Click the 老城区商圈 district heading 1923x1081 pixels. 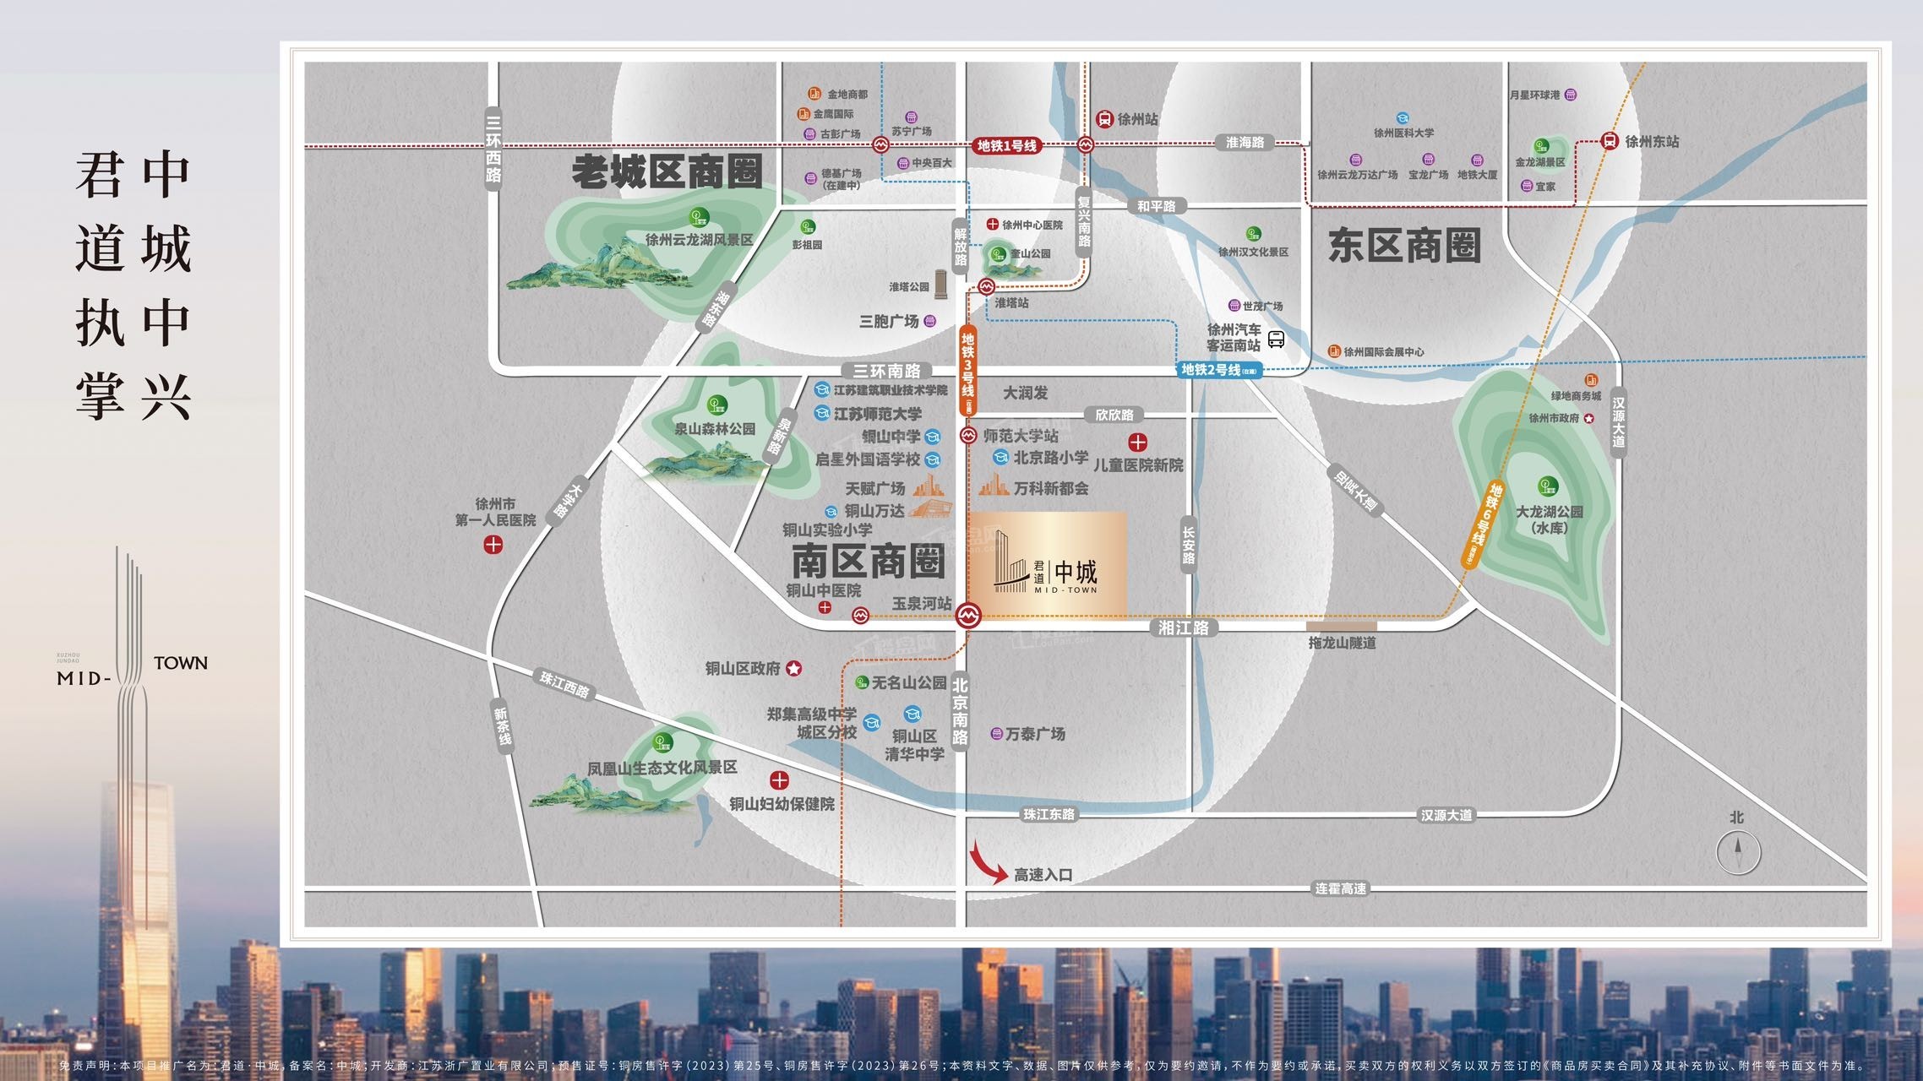point(667,172)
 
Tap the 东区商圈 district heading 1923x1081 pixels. point(1404,246)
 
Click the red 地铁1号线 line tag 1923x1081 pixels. point(1006,145)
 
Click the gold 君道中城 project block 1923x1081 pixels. point(1048,563)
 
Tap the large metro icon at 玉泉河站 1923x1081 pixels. point(968,616)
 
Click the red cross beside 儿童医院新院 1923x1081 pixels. point(1138,442)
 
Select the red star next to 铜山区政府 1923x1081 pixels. point(794,669)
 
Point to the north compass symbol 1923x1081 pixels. point(1738,851)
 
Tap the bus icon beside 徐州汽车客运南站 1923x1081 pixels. point(1276,339)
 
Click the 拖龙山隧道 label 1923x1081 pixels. point(1342,643)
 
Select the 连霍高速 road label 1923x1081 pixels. point(1340,888)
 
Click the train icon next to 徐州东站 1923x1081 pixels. point(1609,141)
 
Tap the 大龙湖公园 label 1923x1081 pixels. point(1549,512)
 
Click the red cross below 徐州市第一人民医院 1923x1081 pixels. point(493,545)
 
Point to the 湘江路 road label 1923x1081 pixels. point(1183,627)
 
